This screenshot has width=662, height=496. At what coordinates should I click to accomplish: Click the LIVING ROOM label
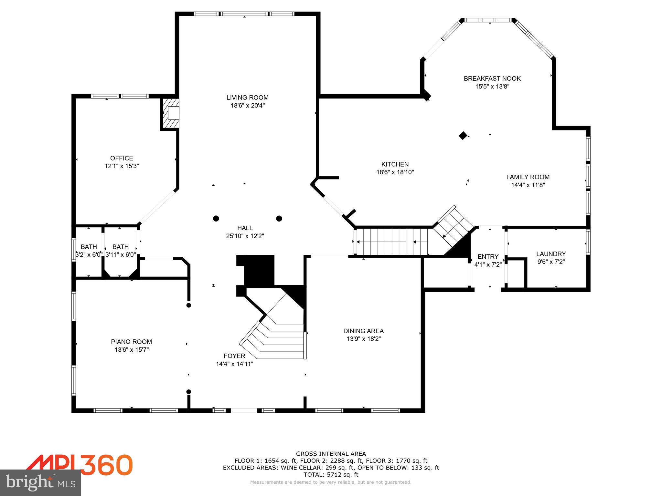pyautogui.click(x=247, y=98)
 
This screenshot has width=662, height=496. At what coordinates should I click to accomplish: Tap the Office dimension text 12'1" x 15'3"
pyautogui.click(x=122, y=166)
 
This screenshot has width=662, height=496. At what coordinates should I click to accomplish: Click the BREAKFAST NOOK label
pyautogui.click(x=492, y=78)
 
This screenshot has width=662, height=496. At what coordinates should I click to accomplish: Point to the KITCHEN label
pyautogui.click(x=395, y=164)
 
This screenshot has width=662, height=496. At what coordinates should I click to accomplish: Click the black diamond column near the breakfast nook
pyautogui.click(x=463, y=136)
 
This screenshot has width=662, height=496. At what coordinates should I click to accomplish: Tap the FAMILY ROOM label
pyautogui.click(x=528, y=177)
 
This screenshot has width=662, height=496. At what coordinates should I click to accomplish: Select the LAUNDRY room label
pyautogui.click(x=551, y=254)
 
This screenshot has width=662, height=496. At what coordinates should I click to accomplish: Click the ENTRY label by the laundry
pyautogui.click(x=488, y=256)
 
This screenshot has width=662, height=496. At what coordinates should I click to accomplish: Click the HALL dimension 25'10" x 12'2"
pyautogui.click(x=245, y=236)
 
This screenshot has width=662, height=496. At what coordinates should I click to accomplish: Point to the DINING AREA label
pyautogui.click(x=363, y=331)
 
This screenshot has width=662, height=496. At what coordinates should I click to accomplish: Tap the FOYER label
pyautogui.click(x=234, y=356)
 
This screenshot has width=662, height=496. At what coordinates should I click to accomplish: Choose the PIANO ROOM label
pyautogui.click(x=131, y=342)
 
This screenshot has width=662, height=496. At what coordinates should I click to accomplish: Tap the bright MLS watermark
pyautogui.click(x=40, y=482)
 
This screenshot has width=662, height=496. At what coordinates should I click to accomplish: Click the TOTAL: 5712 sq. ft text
pyautogui.click(x=331, y=475)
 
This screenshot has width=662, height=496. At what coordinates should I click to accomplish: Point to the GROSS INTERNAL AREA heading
pyautogui.click(x=331, y=454)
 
